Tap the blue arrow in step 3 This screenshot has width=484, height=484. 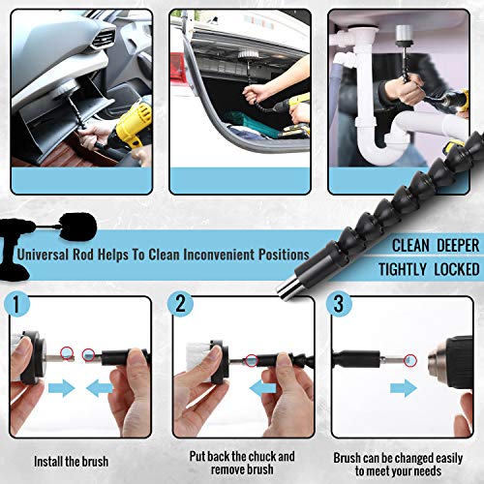click(399, 388)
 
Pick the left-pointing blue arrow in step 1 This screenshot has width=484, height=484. click(100, 389)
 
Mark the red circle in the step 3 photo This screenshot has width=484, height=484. click(410, 360)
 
